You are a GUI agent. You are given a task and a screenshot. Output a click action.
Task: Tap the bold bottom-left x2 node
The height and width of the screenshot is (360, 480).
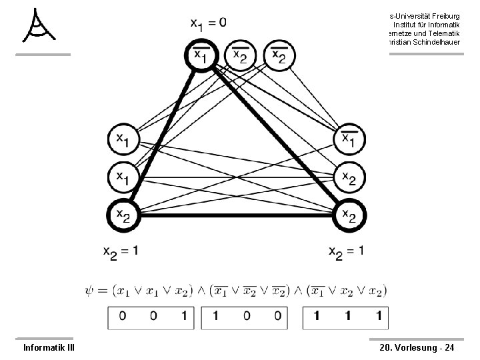[123, 215]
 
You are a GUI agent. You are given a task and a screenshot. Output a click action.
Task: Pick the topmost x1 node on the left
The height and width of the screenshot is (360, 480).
[123, 139]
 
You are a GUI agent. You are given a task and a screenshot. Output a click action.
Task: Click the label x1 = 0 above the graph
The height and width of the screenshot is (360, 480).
[209, 23]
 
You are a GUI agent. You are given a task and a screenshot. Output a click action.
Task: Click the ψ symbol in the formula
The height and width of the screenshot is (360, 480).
[91, 291]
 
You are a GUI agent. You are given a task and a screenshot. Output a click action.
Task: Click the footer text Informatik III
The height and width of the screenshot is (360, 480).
[49, 347]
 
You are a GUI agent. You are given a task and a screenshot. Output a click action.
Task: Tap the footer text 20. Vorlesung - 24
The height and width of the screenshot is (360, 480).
[417, 347]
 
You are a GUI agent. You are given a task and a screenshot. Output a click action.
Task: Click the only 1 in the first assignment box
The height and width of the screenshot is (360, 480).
[183, 317]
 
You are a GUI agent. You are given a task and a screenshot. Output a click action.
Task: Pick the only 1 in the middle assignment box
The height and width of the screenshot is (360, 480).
[215, 317]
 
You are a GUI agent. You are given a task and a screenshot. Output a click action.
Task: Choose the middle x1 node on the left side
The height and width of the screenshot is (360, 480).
[123, 177]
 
